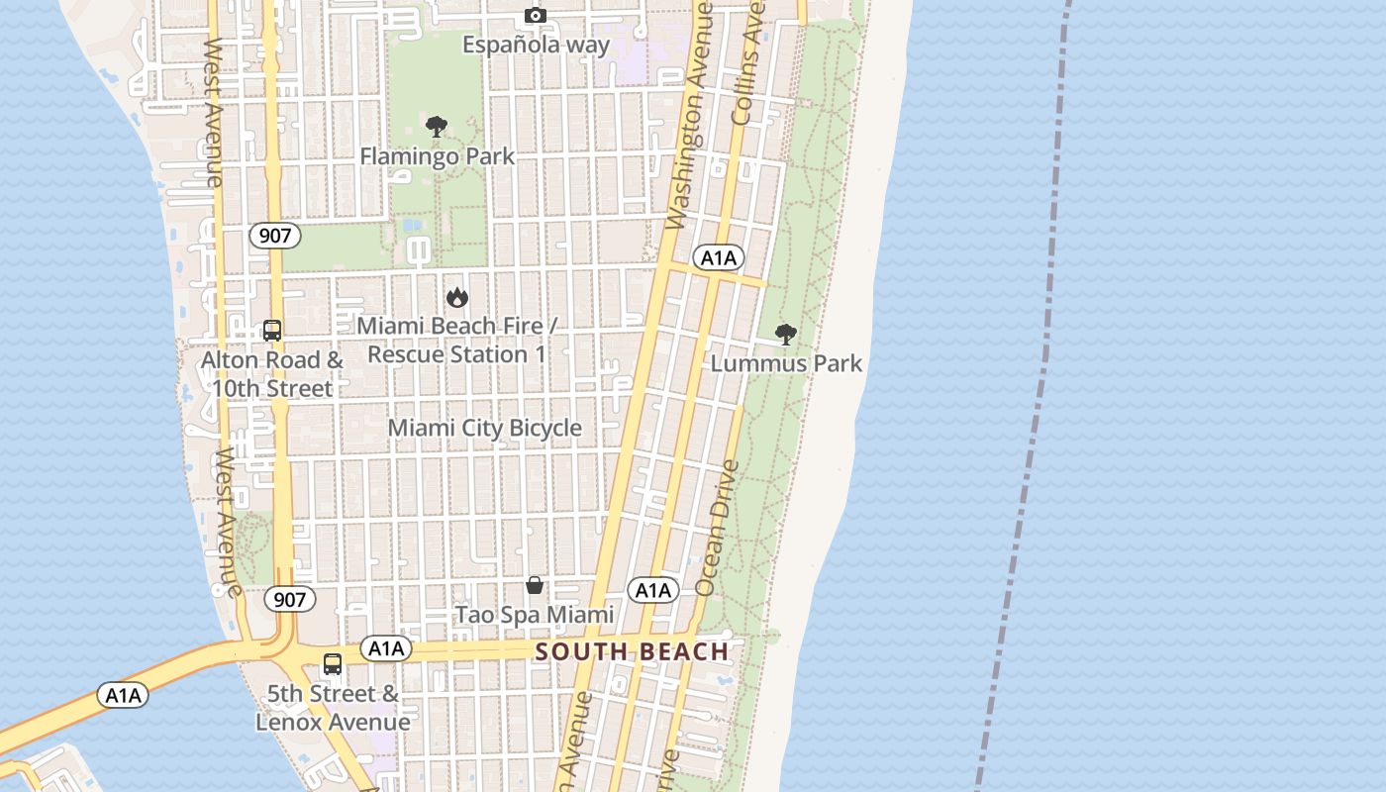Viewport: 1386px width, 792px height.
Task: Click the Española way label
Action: (537, 45)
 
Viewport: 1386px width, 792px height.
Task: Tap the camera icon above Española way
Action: (536, 15)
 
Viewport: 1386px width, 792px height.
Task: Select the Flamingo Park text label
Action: (437, 156)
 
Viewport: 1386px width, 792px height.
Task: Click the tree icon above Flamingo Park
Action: (436, 127)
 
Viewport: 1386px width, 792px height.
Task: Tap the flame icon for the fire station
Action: (456, 296)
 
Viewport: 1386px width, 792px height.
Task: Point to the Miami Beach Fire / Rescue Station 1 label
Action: (456, 340)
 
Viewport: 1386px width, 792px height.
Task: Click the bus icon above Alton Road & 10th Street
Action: (272, 331)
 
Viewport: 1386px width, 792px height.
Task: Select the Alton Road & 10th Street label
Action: (272, 374)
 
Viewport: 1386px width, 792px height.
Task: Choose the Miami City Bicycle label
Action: (484, 428)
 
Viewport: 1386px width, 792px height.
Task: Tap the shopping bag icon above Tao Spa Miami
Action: (535, 585)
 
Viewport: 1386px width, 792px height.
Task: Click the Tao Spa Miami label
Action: (535, 615)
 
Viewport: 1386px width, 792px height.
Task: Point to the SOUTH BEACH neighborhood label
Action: (632, 651)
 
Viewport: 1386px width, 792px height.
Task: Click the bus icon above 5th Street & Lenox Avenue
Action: (333, 664)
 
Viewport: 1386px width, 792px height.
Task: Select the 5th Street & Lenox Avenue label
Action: (333, 708)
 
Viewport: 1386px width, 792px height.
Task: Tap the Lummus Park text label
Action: (786, 363)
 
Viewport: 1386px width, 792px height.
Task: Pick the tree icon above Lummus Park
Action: (786, 334)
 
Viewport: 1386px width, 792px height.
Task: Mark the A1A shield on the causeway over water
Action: (124, 695)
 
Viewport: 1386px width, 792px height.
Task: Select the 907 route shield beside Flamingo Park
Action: (274, 236)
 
